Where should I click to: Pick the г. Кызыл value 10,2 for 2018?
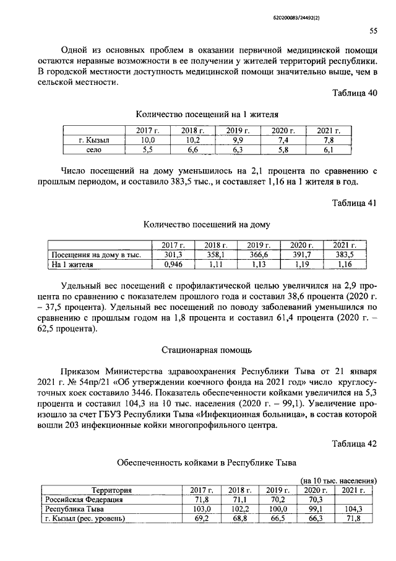tap(193, 141)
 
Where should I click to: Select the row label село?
tap(94, 150)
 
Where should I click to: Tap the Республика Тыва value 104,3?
tap(351, 508)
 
